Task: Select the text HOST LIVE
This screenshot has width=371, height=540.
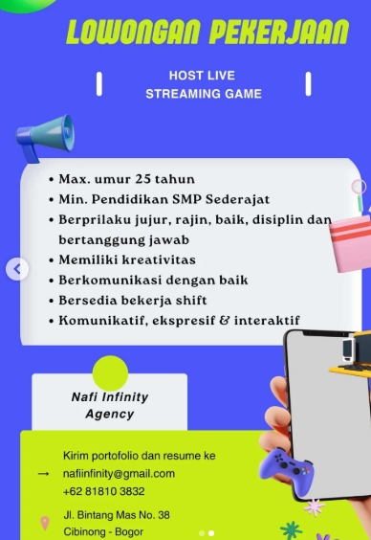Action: [x=202, y=75]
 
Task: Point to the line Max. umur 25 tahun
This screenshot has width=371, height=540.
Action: [x=126, y=179]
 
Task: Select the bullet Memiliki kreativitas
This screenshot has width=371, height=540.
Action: [x=126, y=259]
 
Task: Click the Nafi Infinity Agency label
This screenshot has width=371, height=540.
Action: [x=110, y=405]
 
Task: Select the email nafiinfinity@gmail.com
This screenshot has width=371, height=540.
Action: [x=119, y=473]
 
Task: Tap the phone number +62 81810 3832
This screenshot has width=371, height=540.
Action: [x=104, y=490]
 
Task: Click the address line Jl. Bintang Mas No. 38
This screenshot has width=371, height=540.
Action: [x=117, y=515]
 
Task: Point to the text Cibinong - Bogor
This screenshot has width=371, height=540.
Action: [x=103, y=531]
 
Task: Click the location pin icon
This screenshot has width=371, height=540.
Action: [x=44, y=523]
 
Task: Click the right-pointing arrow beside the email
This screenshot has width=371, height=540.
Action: [x=43, y=473]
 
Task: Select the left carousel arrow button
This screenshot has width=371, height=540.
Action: [x=16, y=270]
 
